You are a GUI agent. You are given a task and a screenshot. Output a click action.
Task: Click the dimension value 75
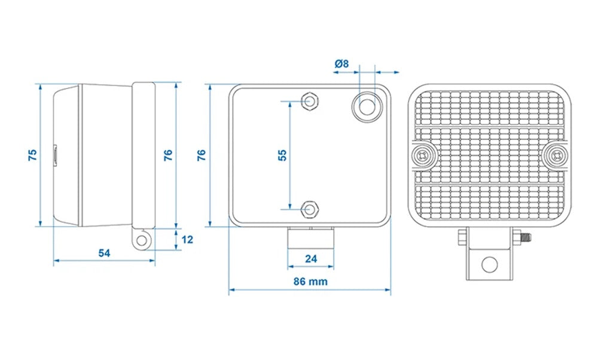tap(33, 154)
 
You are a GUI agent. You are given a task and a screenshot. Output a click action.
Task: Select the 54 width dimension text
tap(104, 253)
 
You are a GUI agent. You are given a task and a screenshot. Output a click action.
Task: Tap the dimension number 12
tap(187, 240)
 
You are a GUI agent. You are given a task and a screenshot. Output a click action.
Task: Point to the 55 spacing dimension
tap(282, 154)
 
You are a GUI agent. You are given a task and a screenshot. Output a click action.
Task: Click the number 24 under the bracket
tap(310, 258)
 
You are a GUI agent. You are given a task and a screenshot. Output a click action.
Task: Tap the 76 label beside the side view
tap(168, 154)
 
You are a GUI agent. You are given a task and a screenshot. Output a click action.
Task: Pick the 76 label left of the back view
tap(202, 154)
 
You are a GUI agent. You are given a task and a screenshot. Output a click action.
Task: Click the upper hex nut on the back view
tap(309, 101)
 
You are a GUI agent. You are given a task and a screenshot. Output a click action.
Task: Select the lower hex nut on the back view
tap(309, 209)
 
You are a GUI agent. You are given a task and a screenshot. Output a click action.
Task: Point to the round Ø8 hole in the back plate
tap(367, 106)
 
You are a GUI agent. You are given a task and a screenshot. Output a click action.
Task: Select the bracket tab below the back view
tap(310, 239)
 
